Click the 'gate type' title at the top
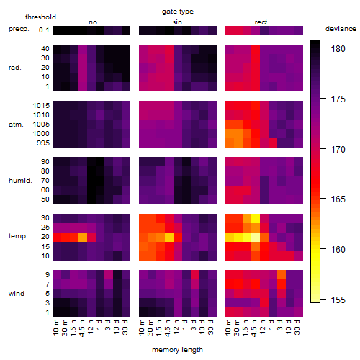pyautogui.click(x=178, y=12)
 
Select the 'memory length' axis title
pyautogui.click(x=177, y=350)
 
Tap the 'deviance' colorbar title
pyautogui.click(x=341, y=29)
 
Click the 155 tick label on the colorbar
pyautogui.click(x=338, y=300)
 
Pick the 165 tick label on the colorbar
pyautogui.click(x=338, y=199)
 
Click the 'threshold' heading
pyautogui.click(x=40, y=17)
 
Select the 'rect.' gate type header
pyautogui.click(x=262, y=22)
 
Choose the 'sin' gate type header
pyautogui.click(x=177, y=22)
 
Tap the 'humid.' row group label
pyautogui.click(x=20, y=181)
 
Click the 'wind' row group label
pyautogui.click(x=17, y=294)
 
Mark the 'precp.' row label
pyautogui.click(x=19, y=30)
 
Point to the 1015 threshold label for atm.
pyautogui.click(x=41, y=106)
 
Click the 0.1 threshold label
pyautogui.click(x=44, y=30)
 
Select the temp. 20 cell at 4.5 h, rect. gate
pyautogui.click(x=256, y=237)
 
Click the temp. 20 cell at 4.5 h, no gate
pyautogui.click(x=83, y=237)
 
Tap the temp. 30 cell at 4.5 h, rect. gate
pyautogui.click(x=256, y=218)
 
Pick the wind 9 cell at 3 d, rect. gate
pyautogui.click(x=282, y=275)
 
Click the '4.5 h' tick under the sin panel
pyautogui.click(x=169, y=328)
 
